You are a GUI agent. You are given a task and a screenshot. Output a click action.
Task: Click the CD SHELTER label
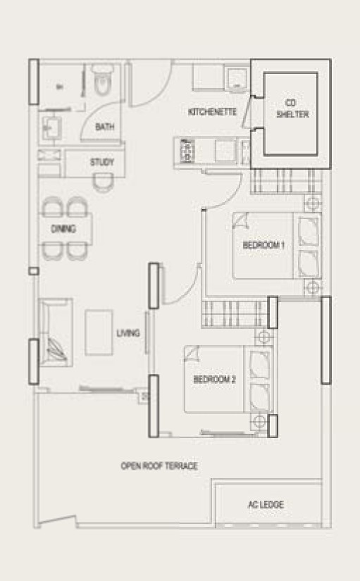[292, 108]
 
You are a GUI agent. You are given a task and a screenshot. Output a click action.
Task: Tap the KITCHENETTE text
[213, 111]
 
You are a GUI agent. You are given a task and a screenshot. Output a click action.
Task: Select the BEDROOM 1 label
[263, 245]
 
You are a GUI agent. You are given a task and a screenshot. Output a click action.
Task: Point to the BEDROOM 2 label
[214, 380]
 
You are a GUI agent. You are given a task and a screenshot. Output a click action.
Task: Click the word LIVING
[128, 332]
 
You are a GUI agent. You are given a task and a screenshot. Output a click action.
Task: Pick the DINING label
[63, 229]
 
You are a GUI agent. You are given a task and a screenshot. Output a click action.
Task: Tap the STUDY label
[102, 162]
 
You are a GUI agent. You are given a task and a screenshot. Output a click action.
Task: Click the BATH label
[104, 127]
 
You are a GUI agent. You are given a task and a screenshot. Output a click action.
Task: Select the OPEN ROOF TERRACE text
[159, 466]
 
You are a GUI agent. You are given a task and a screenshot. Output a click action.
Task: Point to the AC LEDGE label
[266, 504]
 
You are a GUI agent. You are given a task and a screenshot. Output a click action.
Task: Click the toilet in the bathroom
[102, 79]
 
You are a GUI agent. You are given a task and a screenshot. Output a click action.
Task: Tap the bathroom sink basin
[51, 127]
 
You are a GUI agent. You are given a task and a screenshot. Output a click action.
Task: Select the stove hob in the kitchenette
[187, 151]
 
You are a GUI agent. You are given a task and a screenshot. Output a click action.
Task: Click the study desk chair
[102, 182]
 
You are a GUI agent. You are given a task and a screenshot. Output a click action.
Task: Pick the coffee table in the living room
[99, 332]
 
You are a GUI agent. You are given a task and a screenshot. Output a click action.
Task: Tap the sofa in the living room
[56, 332]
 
